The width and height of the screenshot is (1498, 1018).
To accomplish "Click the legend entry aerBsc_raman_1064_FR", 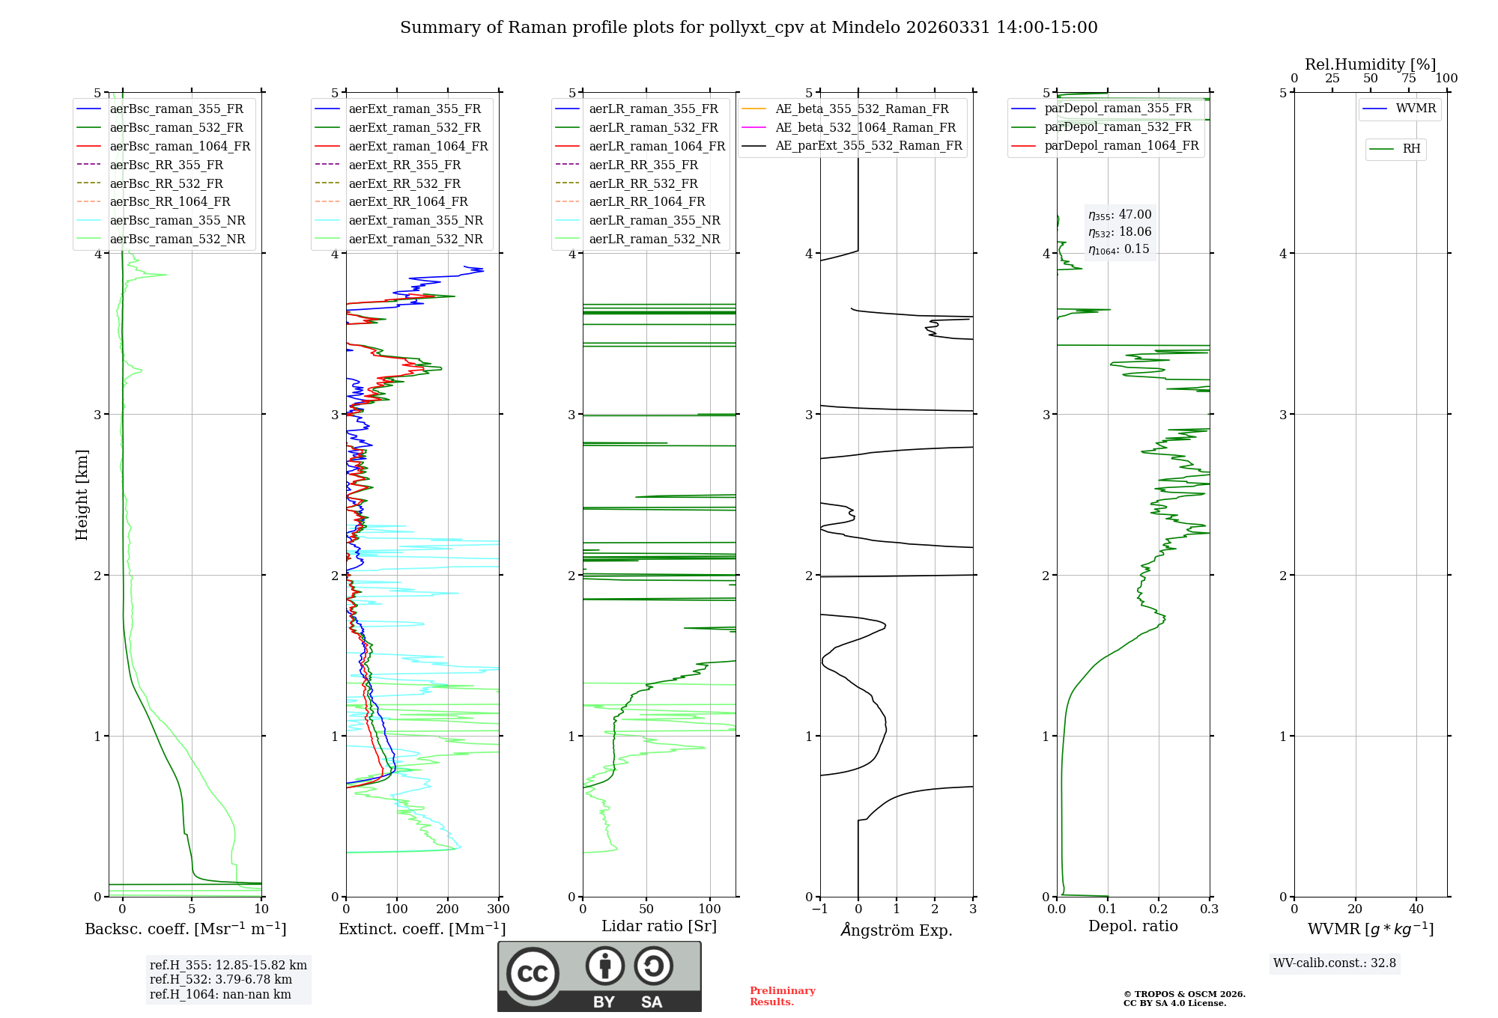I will pyautogui.click(x=180, y=146).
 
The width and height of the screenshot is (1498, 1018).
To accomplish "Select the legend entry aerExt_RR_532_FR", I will pyautogui.click(x=404, y=183).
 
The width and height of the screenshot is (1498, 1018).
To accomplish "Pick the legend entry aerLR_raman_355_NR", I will pyautogui.click(x=654, y=220).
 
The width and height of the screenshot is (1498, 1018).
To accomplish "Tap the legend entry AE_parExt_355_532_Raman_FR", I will pyautogui.click(x=869, y=145).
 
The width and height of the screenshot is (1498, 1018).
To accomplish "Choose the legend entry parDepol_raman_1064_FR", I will pyautogui.click(x=1121, y=145).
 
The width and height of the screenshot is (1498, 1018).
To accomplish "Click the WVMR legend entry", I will pyautogui.click(x=1416, y=109).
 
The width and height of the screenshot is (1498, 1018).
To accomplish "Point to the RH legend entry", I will pyautogui.click(x=1411, y=149).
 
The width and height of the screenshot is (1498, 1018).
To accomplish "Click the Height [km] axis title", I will pyautogui.click(x=82, y=495).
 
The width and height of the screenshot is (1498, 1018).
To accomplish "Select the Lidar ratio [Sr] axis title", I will pyautogui.click(x=659, y=926).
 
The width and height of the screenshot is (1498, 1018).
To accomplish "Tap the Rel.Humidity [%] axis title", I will pyautogui.click(x=1370, y=64).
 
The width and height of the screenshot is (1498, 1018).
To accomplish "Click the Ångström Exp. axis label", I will pyautogui.click(x=897, y=930).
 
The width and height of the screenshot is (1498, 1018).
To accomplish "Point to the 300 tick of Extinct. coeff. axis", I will pyautogui.click(x=499, y=909).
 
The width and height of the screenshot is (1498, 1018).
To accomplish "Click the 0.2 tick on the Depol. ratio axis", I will pyautogui.click(x=1159, y=909).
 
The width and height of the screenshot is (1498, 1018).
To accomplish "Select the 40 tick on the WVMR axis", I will pyautogui.click(x=1416, y=909).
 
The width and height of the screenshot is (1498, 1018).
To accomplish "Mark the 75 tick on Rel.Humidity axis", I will pyautogui.click(x=1409, y=79).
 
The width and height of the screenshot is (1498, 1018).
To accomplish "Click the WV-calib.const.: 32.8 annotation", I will pyautogui.click(x=1335, y=963).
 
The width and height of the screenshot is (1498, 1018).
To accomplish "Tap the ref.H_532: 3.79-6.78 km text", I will pyautogui.click(x=221, y=979).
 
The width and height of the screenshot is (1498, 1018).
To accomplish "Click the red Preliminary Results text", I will pyautogui.click(x=783, y=996).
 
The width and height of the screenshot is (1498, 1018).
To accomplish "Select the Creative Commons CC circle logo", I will pyautogui.click(x=533, y=973).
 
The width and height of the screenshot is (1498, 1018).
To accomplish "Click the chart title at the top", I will pyautogui.click(x=749, y=28).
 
